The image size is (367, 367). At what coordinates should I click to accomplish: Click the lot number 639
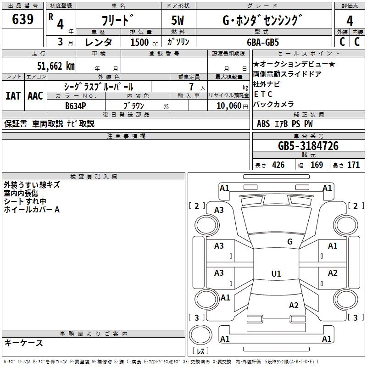(22, 19)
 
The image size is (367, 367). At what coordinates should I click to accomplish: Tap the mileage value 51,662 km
(56, 66)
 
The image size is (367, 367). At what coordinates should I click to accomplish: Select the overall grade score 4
(350, 21)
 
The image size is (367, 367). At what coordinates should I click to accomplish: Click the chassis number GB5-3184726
(308, 146)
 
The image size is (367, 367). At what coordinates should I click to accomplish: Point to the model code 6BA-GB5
(263, 42)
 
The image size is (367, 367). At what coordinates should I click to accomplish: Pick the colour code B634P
(76, 106)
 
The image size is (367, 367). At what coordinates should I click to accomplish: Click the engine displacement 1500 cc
(144, 42)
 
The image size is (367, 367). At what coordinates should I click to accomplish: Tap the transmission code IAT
(13, 96)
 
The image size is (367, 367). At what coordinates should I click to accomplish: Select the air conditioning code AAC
(35, 96)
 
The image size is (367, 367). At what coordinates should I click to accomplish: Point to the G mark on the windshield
(290, 242)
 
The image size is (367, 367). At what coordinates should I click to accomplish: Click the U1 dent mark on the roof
(276, 273)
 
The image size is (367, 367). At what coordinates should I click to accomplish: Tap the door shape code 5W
(178, 20)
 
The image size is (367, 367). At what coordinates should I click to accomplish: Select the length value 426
(278, 165)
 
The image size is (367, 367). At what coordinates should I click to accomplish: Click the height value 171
(353, 165)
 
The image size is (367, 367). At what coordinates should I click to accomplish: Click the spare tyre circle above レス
(200, 335)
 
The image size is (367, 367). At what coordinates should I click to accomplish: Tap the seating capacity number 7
(192, 87)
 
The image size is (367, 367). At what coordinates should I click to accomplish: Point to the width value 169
(317, 165)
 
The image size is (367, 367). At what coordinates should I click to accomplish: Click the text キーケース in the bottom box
(23, 343)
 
